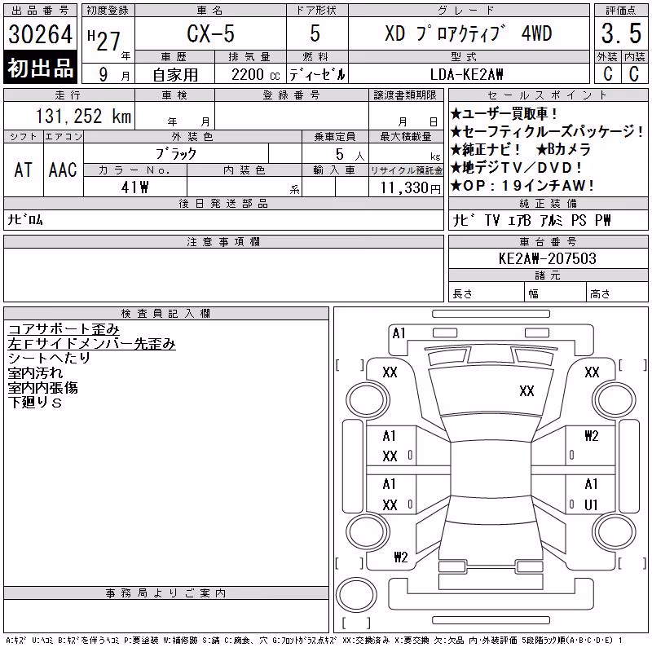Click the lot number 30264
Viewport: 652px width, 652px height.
click(x=40, y=33)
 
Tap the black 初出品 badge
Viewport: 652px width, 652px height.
click(x=40, y=68)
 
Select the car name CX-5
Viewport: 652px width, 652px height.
click(x=210, y=33)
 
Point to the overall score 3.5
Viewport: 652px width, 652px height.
click(x=621, y=33)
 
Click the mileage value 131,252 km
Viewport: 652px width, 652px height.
click(x=83, y=116)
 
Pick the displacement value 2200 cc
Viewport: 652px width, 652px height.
click(x=255, y=75)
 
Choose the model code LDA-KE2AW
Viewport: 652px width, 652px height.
click(x=466, y=74)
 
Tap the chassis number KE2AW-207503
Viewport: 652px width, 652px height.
click(x=547, y=258)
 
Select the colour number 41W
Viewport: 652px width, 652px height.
click(x=134, y=187)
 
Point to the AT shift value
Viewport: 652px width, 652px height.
click(x=24, y=170)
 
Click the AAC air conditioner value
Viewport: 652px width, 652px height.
click(x=63, y=170)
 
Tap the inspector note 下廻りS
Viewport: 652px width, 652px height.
click(x=35, y=403)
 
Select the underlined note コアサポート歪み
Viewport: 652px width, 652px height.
click(x=64, y=329)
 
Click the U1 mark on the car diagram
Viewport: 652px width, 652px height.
click(x=591, y=504)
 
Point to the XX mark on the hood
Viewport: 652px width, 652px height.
click(x=526, y=391)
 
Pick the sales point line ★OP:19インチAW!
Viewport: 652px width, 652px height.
click(x=522, y=186)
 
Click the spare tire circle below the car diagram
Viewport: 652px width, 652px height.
click(x=356, y=595)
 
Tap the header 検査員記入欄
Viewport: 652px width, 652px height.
click(x=165, y=314)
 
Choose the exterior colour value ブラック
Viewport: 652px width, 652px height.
click(x=176, y=154)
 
